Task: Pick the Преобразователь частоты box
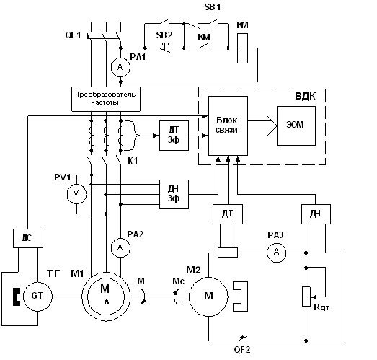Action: [106, 99]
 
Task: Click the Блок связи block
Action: [228, 126]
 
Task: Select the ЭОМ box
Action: [296, 126]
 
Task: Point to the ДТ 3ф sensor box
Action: [174, 136]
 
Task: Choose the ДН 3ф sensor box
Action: [174, 194]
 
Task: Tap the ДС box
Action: [28, 238]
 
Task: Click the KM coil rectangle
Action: [243, 48]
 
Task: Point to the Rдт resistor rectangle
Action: [306, 297]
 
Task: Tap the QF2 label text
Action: [242, 349]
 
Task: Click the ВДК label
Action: [305, 96]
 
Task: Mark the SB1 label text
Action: [213, 7]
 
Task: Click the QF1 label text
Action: [74, 35]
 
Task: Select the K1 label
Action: [133, 161]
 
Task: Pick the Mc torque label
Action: [179, 281]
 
